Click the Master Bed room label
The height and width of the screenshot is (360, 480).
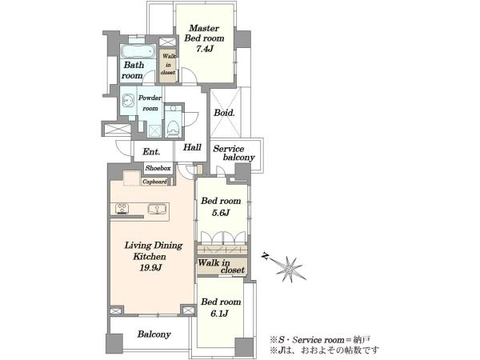pyautogui.click(x=204, y=33)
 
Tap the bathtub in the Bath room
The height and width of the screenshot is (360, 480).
pyautogui.click(x=138, y=51)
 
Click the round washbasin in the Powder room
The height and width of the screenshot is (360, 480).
pyautogui.click(x=128, y=99)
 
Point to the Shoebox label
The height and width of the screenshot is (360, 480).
pyautogui.click(x=158, y=168)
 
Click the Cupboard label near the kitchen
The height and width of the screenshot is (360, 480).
pyautogui.click(x=154, y=182)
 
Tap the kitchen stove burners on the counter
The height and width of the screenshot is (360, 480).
pyautogui.click(x=122, y=209)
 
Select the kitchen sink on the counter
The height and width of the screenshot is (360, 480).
pyautogui.click(x=157, y=209)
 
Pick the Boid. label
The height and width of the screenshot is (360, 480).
pyautogui.click(x=224, y=113)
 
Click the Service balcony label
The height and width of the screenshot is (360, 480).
pyautogui.click(x=234, y=153)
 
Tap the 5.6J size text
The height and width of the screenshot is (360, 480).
pyautogui.click(x=221, y=213)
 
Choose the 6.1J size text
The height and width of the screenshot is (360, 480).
pyautogui.click(x=219, y=314)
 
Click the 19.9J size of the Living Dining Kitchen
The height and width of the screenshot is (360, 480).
pyautogui.click(x=150, y=268)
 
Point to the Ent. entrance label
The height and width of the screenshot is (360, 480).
pyautogui.click(x=151, y=151)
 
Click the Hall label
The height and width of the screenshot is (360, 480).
pyautogui.click(x=192, y=147)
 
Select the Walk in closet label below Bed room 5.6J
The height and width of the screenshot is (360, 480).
pyautogui.click(x=222, y=266)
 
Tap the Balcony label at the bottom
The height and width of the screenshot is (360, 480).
pyautogui.click(x=154, y=334)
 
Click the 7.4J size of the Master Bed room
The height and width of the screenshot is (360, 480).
pyautogui.click(x=204, y=49)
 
